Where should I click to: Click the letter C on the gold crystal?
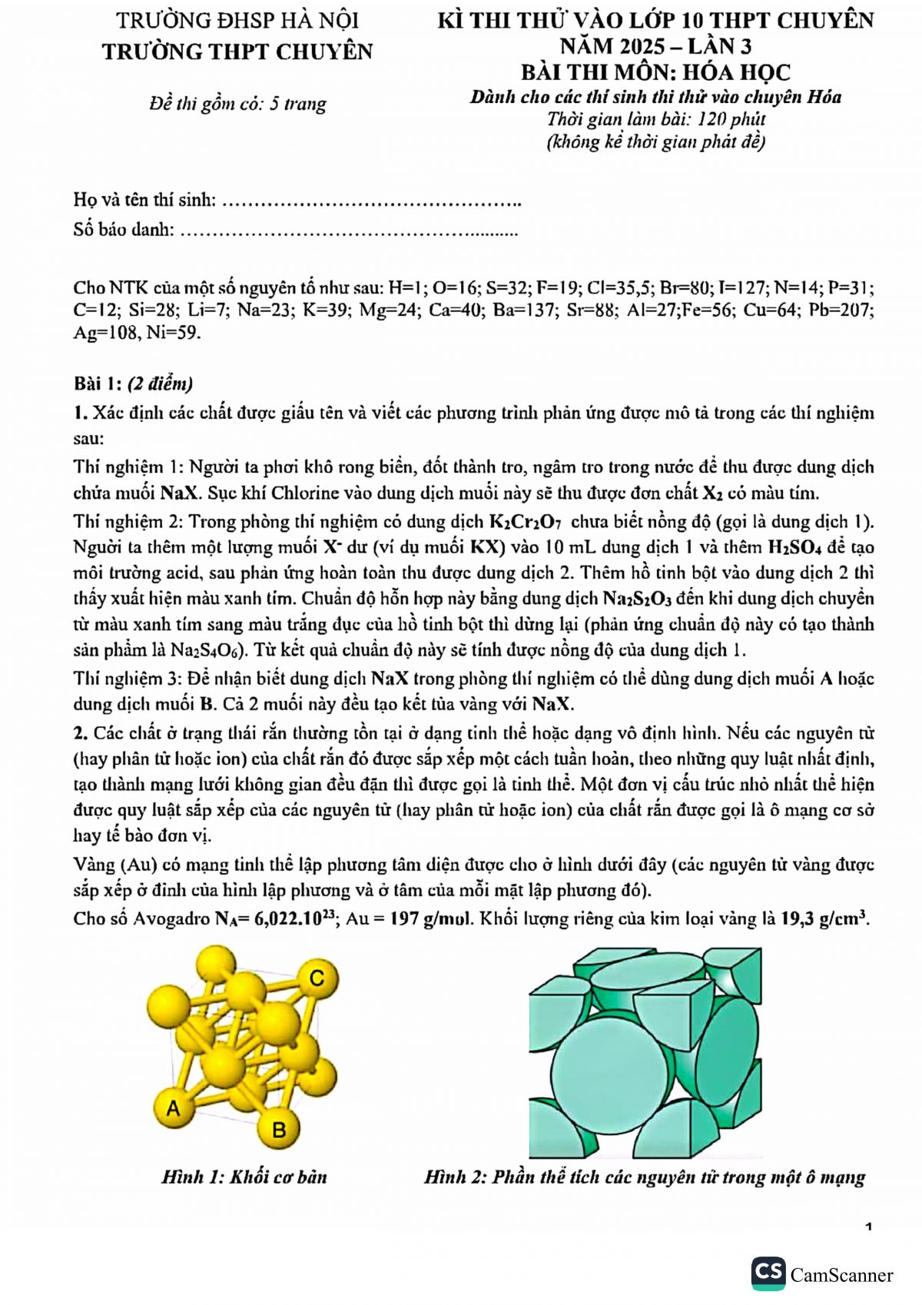tap(317, 978)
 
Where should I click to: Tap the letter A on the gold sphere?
tap(173, 1107)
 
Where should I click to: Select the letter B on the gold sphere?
tap(279, 1129)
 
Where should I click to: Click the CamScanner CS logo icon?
tap(768, 1273)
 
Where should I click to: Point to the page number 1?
tap(868, 1227)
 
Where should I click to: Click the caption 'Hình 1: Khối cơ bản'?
tap(244, 1177)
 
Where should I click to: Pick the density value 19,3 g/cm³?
tap(824, 918)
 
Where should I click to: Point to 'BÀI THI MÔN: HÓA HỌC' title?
tap(655, 72)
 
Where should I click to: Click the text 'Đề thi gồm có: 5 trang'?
tap(237, 104)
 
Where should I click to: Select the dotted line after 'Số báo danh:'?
tap(349, 230)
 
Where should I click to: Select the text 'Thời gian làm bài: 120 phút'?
tap(655, 119)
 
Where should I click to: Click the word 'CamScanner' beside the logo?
tap(841, 1275)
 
